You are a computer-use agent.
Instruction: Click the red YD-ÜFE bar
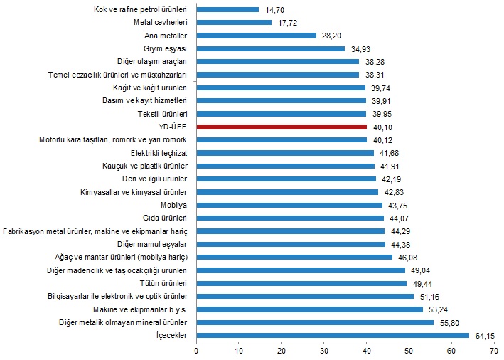[x=281, y=127]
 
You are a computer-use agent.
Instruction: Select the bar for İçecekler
[x=332, y=335]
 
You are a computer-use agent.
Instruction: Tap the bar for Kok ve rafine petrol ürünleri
[x=227, y=10]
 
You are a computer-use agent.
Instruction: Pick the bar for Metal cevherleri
[x=233, y=23]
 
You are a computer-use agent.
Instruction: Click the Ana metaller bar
[x=256, y=36]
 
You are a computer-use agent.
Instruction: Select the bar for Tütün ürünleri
[x=301, y=283]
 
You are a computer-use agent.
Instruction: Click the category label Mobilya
[x=174, y=205]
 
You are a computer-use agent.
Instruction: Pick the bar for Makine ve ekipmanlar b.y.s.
[x=309, y=309]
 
